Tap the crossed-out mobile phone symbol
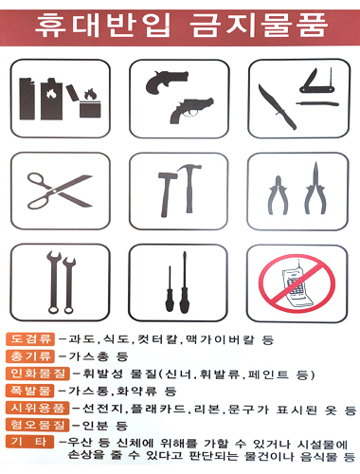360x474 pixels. [297, 283]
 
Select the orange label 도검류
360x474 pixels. [30, 339]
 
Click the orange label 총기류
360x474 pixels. [30, 356]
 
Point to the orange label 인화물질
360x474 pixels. [37, 374]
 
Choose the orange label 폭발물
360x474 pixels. [30, 391]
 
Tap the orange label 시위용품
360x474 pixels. [37, 408]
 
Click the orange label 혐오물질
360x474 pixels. [37, 425]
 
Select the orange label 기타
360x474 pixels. [30, 442]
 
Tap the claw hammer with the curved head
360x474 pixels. [189, 188]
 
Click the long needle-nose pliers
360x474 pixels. [315, 190]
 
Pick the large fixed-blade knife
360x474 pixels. [277, 107]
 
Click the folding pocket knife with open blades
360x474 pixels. [317, 85]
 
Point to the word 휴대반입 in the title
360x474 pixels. [102, 26]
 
